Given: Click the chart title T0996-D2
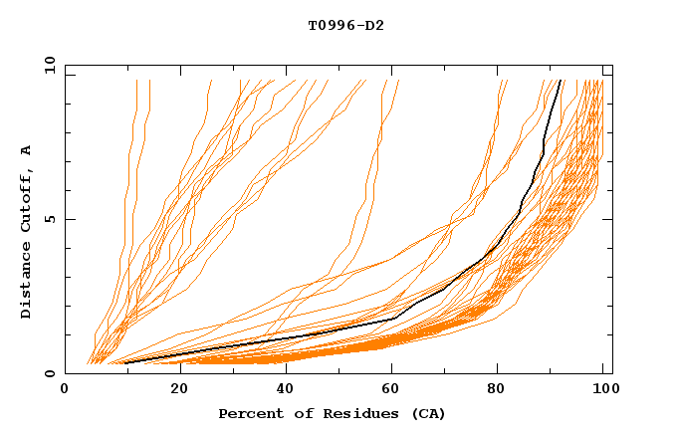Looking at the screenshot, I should pos(345,25).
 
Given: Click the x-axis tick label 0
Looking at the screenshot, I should pos(65,391).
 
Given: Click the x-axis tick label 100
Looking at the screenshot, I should pos(603,391).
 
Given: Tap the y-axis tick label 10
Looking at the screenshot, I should pos(48,65).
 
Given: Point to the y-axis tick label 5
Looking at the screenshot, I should pos(52,219).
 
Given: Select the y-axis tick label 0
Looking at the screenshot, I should pos(52,373).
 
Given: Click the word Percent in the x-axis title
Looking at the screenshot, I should pos(249,413).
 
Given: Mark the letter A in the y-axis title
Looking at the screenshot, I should pos(27,149).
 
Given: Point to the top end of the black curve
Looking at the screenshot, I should pos(562,81).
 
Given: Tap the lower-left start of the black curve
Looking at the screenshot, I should pos(124,363).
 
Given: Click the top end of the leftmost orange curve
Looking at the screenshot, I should pos(135,81).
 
